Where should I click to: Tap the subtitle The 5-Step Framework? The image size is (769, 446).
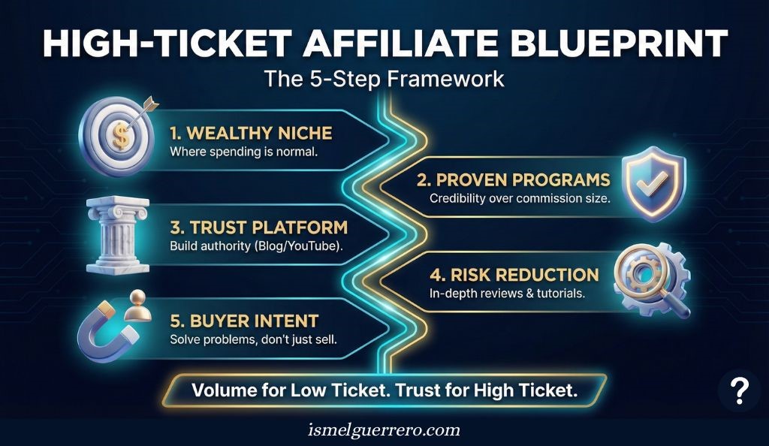pyautogui.click(x=384, y=79)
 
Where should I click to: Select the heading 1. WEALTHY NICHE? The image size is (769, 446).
pyautogui.click(x=251, y=134)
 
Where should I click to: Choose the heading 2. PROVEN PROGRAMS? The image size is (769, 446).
pyautogui.click(x=513, y=180)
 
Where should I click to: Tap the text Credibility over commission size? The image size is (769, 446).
pyautogui.click(x=519, y=199)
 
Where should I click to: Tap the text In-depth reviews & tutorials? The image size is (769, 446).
pyautogui.click(x=507, y=293)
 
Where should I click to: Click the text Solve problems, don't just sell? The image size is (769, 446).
pyautogui.click(x=252, y=340)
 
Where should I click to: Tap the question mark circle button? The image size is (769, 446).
pyautogui.click(x=740, y=391)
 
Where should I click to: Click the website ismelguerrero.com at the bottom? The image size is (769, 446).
pyautogui.click(x=384, y=431)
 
